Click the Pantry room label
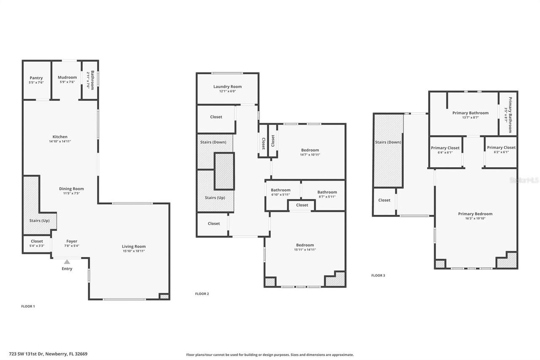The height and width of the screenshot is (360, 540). tap(36, 78)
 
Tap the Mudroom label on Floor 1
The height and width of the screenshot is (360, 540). tap(67, 78)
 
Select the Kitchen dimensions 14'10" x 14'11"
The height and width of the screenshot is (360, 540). tap(60, 141)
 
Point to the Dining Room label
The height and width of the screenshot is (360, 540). tap(71, 189)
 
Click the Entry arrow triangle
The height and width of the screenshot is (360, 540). tap(67, 262)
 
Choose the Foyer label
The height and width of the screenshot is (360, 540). tap(72, 241)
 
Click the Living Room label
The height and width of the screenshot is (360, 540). tap(134, 246)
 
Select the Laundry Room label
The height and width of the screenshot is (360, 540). tap(227, 87)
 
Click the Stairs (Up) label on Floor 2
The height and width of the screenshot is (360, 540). tap(215, 198)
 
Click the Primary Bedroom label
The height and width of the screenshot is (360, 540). tap(475, 214)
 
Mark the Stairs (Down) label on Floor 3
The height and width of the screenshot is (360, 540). tap(388, 142)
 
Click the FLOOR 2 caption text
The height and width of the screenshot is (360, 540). tap(202, 294)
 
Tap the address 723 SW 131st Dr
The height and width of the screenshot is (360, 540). tap(54, 354)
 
